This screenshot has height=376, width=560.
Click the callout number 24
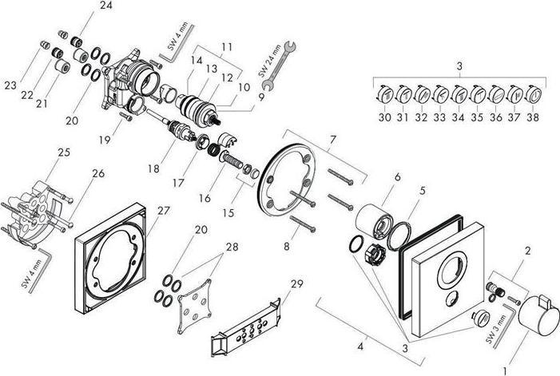tap(105, 6)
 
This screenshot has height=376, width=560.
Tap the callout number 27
tap(163, 211)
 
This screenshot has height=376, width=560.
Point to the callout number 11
tap(226, 47)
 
